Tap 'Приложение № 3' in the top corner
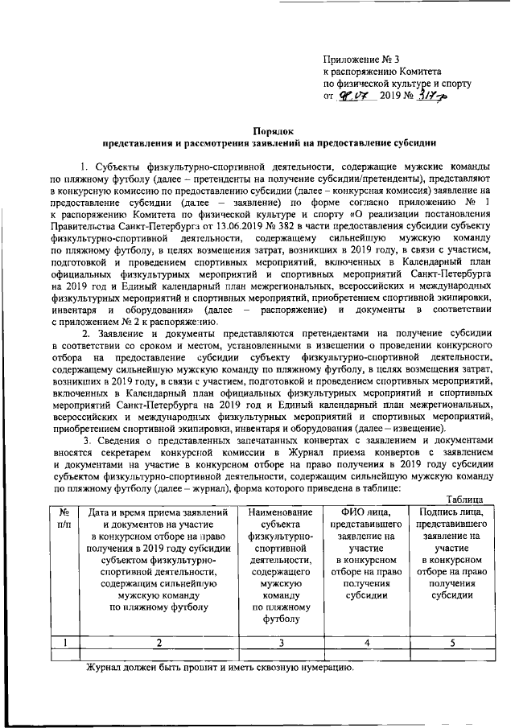tap(360, 58)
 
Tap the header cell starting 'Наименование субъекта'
tap(280, 563)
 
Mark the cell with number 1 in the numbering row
tap(64, 641)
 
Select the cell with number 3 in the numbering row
tap(280, 641)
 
